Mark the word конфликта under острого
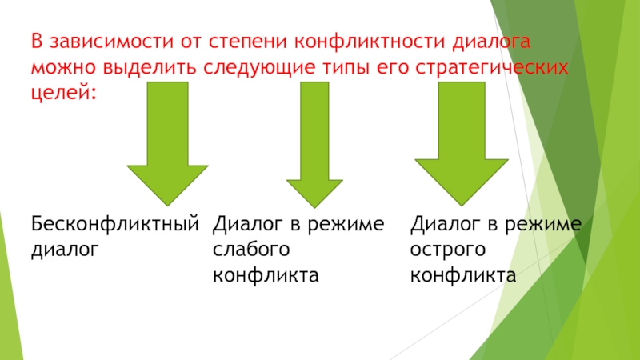[x=462, y=275]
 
